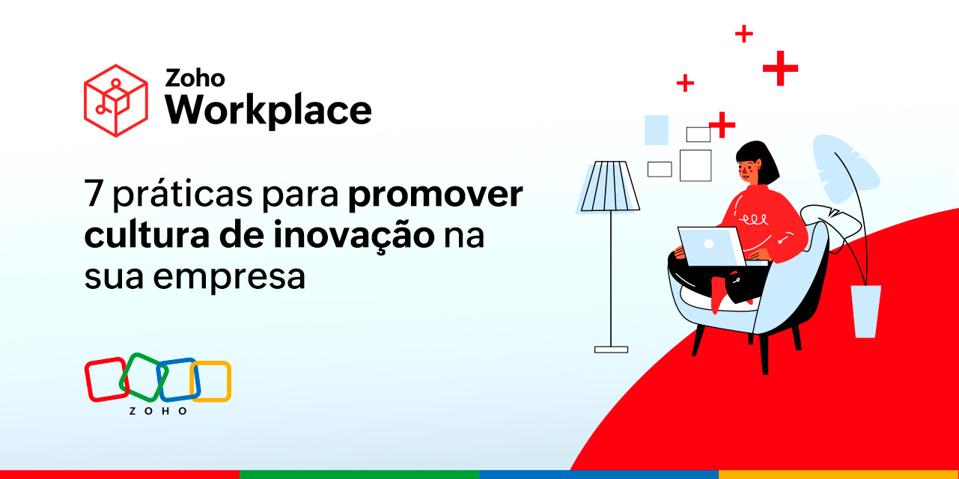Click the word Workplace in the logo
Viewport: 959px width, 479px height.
[268, 111]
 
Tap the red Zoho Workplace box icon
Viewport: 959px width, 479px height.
[115, 100]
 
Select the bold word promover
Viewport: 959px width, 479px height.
[435, 196]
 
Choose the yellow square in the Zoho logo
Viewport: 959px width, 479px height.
[213, 382]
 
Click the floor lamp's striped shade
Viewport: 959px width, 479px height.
[610, 186]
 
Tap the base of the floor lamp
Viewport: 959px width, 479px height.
[611, 349]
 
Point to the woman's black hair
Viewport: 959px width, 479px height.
[752, 152]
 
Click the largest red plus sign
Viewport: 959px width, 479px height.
[780, 69]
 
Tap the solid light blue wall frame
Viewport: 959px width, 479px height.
[656, 129]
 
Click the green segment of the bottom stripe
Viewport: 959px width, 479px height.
[359, 475]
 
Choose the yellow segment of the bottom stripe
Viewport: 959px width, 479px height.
[838, 475]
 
